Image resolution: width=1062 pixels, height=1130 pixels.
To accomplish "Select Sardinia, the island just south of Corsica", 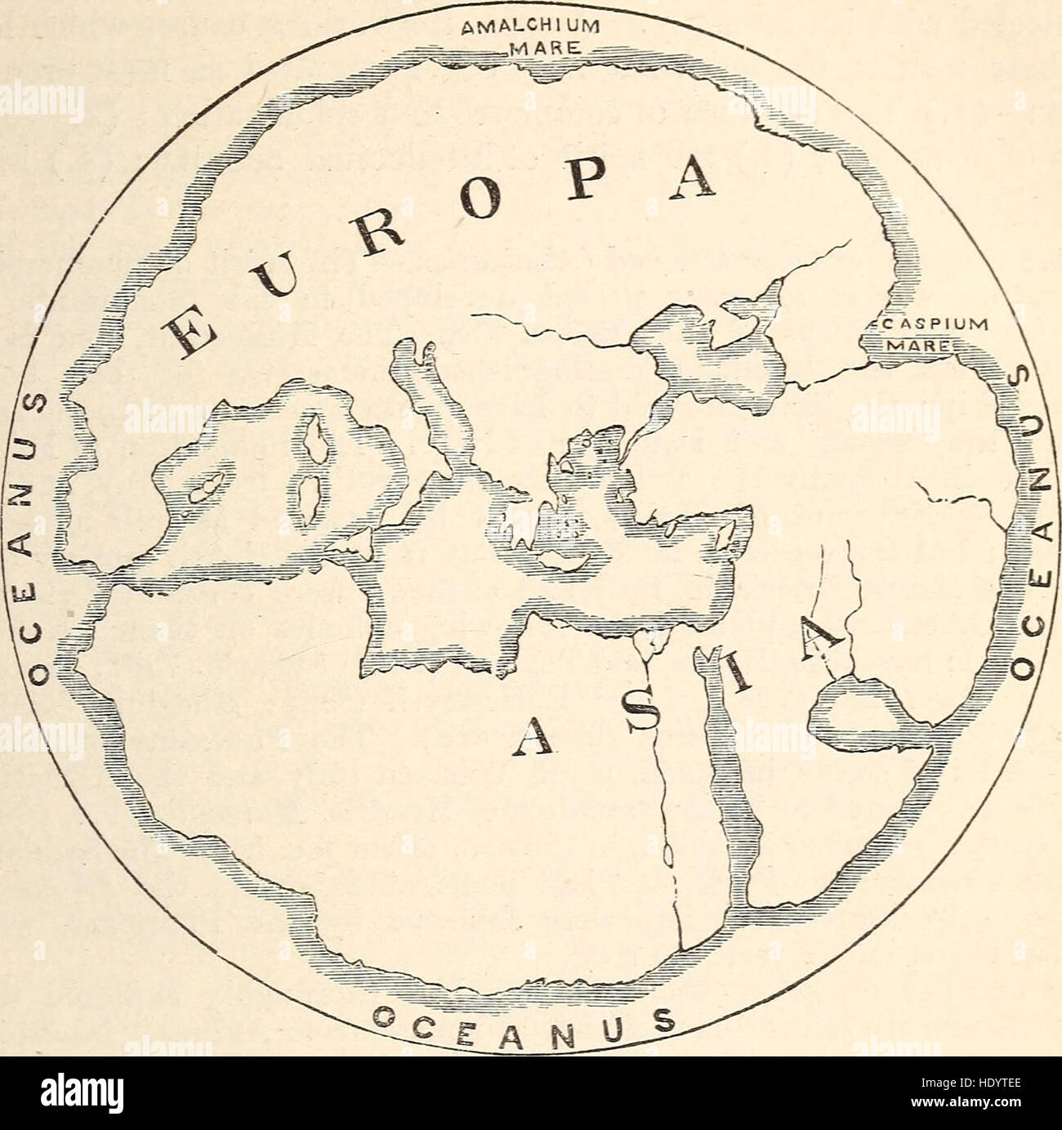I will point(306,499).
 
